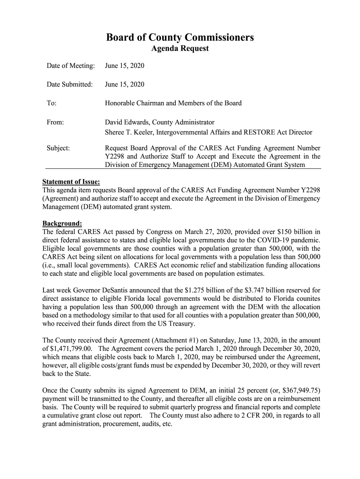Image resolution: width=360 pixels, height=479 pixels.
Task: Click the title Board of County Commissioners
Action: pos(180,37)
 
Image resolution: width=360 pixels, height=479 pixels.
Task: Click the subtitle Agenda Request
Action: pos(180,49)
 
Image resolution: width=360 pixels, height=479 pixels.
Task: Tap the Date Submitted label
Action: pos(70,85)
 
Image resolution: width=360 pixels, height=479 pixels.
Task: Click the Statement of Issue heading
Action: pos(71,182)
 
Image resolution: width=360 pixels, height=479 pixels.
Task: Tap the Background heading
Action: pos(62,223)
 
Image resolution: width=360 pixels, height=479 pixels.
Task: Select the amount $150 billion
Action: pos(297,232)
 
